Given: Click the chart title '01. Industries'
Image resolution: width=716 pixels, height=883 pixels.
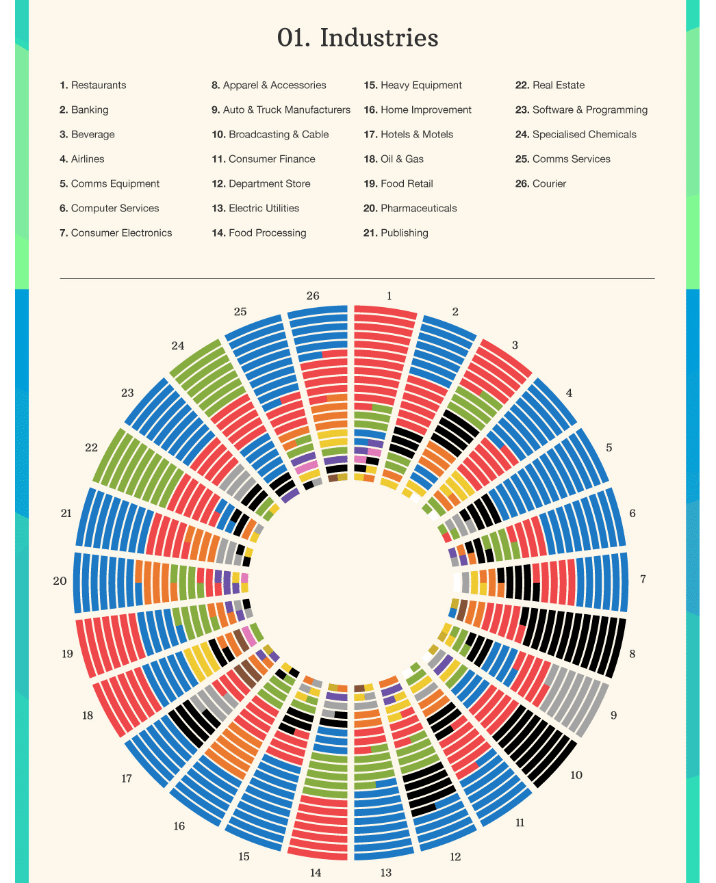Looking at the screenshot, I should (x=357, y=38).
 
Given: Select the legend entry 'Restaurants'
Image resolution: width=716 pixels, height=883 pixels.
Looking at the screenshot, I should (x=93, y=85).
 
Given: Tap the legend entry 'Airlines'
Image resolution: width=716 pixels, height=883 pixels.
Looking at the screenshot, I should (x=82, y=159).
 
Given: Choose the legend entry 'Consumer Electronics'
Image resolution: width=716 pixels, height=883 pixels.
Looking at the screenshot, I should (x=116, y=233).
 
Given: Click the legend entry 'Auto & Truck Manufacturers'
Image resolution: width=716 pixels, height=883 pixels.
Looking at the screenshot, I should (x=281, y=110).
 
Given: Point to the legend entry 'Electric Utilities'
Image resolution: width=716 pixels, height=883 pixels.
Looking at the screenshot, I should (x=255, y=209).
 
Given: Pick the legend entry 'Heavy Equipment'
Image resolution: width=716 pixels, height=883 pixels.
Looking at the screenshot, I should (x=413, y=85).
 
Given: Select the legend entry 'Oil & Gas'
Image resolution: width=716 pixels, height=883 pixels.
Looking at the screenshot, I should (x=394, y=159).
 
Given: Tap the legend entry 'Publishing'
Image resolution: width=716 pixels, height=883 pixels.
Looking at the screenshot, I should (x=396, y=233).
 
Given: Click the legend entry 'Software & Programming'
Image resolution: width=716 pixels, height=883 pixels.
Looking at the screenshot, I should (x=581, y=110).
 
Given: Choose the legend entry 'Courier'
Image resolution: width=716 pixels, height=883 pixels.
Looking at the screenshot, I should (x=541, y=184).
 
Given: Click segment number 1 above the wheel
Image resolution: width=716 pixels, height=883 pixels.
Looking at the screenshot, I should (x=389, y=296).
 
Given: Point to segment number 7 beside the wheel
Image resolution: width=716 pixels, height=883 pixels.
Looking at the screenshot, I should (x=643, y=579).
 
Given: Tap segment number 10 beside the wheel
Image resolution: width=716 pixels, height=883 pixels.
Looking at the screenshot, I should (x=576, y=775).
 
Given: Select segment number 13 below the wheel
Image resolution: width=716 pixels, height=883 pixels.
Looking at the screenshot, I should (x=386, y=873).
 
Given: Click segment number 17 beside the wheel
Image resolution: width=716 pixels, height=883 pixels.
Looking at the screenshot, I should (x=127, y=778).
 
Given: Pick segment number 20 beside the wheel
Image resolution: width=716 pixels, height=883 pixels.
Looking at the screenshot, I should (x=60, y=581).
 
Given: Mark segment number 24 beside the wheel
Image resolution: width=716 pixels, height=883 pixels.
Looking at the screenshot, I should (x=178, y=346).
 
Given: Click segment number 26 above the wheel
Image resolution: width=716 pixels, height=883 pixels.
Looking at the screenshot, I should (x=313, y=296).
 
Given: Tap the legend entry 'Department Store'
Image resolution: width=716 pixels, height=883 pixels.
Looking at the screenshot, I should (x=261, y=184).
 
